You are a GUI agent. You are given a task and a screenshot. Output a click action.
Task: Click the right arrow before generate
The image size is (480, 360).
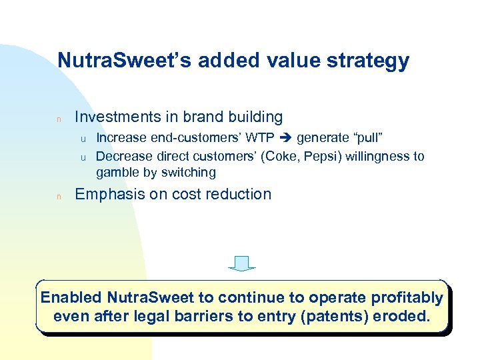pyautogui.click(x=285, y=138)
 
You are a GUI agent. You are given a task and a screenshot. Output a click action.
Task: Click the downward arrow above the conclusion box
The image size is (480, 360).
pyautogui.click(x=242, y=263)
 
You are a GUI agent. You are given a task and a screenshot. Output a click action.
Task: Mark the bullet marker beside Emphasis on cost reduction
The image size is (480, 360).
pyautogui.click(x=59, y=196)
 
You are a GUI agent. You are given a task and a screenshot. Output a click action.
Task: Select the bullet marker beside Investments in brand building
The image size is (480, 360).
pyautogui.click(x=59, y=119)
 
